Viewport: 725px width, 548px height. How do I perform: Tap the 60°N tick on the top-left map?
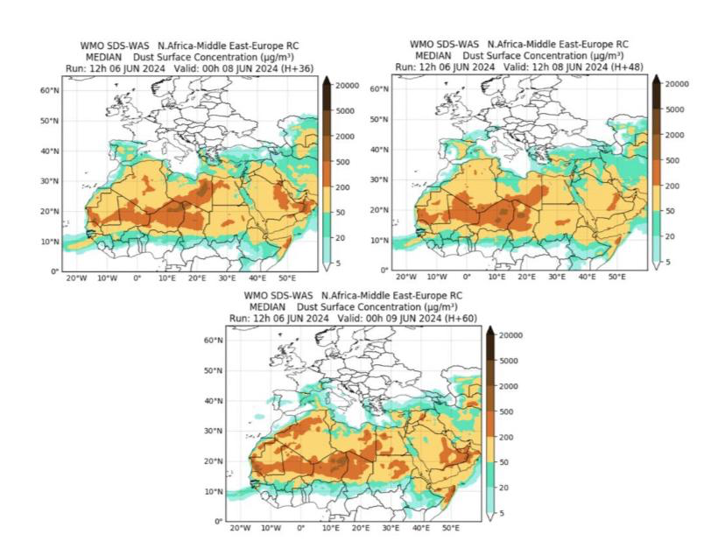pos(50,89)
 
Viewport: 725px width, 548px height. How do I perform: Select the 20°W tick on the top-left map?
pos(76,278)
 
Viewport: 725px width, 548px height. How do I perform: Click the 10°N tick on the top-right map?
pos(377,240)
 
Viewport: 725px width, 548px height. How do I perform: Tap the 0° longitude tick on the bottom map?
pos(301,528)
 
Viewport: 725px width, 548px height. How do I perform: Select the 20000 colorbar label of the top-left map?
pos(347,85)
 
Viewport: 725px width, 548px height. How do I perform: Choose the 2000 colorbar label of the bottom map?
pos(510,385)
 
